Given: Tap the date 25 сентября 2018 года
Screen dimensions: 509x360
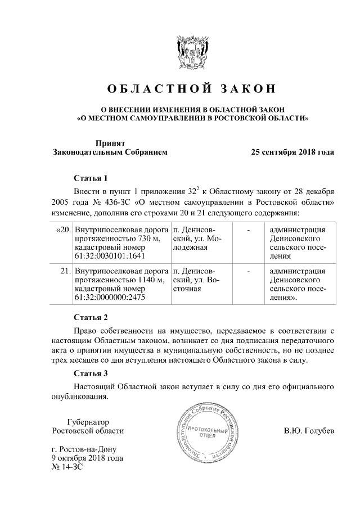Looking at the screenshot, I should pyautogui.click(x=292, y=152).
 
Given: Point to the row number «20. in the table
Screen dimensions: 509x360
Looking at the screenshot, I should pyautogui.click(x=64, y=230).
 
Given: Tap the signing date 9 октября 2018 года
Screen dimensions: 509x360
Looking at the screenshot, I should pyautogui.click(x=87, y=458).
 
